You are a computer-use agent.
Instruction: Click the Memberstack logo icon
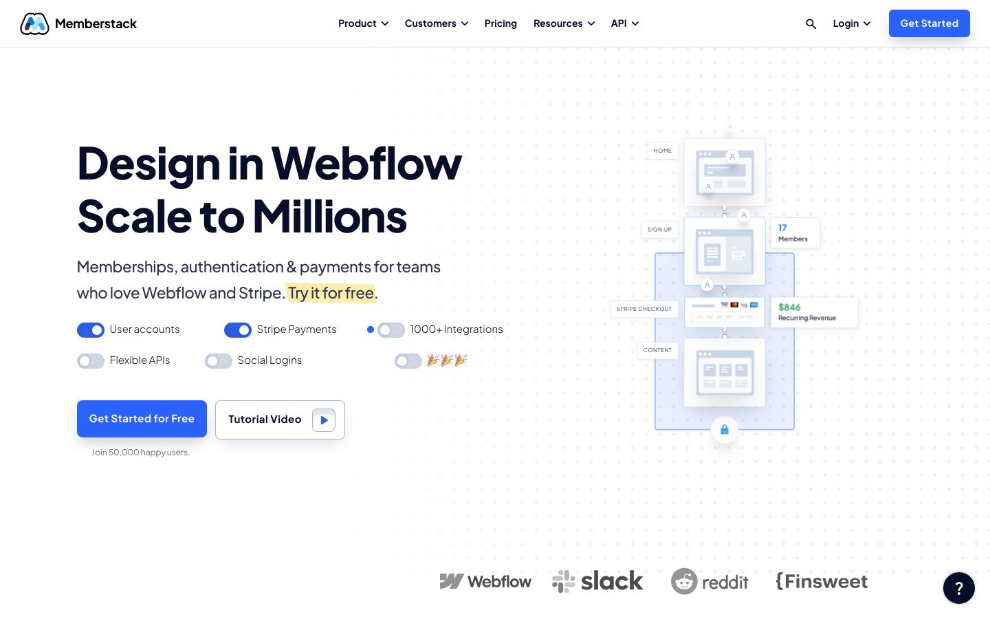tap(34, 24)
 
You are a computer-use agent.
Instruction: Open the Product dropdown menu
tap(363, 23)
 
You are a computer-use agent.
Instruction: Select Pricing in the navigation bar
tap(500, 23)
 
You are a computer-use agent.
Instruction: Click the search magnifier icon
tap(811, 24)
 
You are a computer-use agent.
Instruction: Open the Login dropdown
tap(851, 23)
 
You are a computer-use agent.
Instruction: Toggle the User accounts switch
tap(91, 330)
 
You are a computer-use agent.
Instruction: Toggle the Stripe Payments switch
tap(238, 330)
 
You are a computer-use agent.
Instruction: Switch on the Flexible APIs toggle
tap(91, 361)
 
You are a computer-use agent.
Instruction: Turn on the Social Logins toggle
tap(219, 361)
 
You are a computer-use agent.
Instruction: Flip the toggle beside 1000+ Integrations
tap(391, 330)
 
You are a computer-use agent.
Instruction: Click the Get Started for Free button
tap(142, 419)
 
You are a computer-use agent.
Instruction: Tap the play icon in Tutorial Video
tap(324, 420)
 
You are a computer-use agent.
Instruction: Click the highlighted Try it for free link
tap(331, 293)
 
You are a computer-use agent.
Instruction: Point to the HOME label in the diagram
tap(663, 151)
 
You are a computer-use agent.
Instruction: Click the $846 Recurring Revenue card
tap(814, 312)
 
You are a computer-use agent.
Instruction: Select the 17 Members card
tap(795, 232)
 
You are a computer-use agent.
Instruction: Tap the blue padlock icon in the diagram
tap(725, 430)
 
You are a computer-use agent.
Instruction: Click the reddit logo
tap(709, 582)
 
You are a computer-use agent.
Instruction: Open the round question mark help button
tap(958, 588)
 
